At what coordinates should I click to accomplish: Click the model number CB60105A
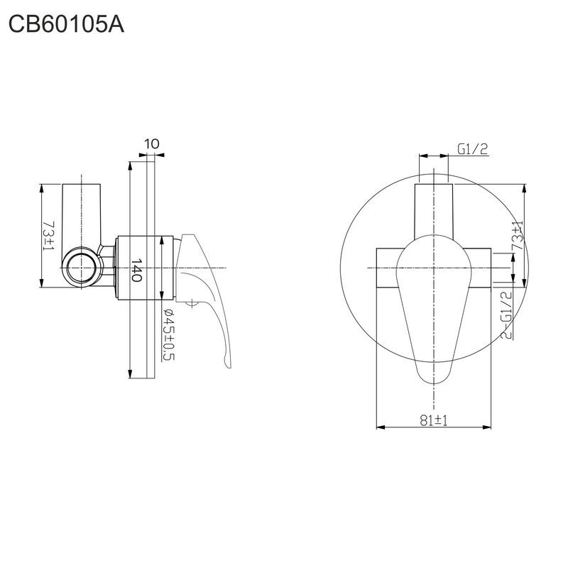click(66, 26)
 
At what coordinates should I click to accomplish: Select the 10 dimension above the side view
click(151, 144)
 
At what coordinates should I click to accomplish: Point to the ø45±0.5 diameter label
click(168, 334)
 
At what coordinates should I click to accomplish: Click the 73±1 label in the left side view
click(48, 236)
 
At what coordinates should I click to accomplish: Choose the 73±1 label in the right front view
click(518, 236)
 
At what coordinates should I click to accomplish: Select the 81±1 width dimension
click(432, 420)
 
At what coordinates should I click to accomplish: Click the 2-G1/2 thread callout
click(506, 314)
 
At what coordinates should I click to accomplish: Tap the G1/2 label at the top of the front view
click(472, 149)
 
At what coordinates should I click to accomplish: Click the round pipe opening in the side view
click(82, 268)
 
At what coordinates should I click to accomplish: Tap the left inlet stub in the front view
click(387, 268)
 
